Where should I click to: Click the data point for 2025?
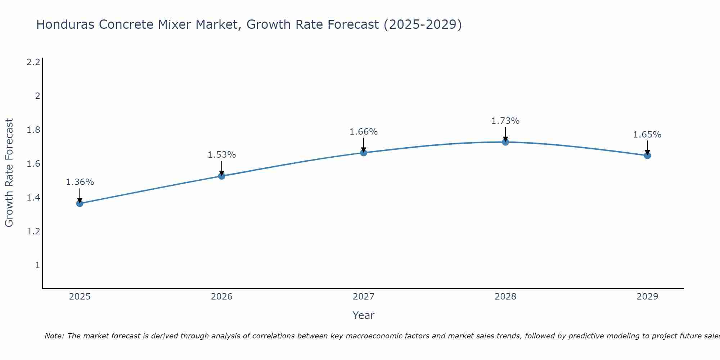coord(80,203)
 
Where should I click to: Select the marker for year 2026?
coord(222,176)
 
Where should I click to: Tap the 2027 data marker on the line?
coord(364,153)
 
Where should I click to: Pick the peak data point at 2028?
coord(505,142)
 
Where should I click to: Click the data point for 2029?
coord(647,156)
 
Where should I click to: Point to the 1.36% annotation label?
coord(80,182)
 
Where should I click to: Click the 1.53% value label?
coord(222,155)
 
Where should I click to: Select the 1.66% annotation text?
coord(364,132)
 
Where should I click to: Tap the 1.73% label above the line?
coord(505,121)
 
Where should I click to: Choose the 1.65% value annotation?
coord(647,135)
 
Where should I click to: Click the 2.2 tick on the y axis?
coord(33,62)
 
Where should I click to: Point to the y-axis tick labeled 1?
coord(37,265)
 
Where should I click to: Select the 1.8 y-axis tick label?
coord(33,130)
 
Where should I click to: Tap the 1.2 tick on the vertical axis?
coord(33,231)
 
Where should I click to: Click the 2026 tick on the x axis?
coord(222,297)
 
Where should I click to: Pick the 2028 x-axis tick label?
coord(505,297)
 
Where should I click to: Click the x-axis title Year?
coord(364,315)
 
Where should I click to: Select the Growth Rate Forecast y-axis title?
coord(9,173)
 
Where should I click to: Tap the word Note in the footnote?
coord(54,336)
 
